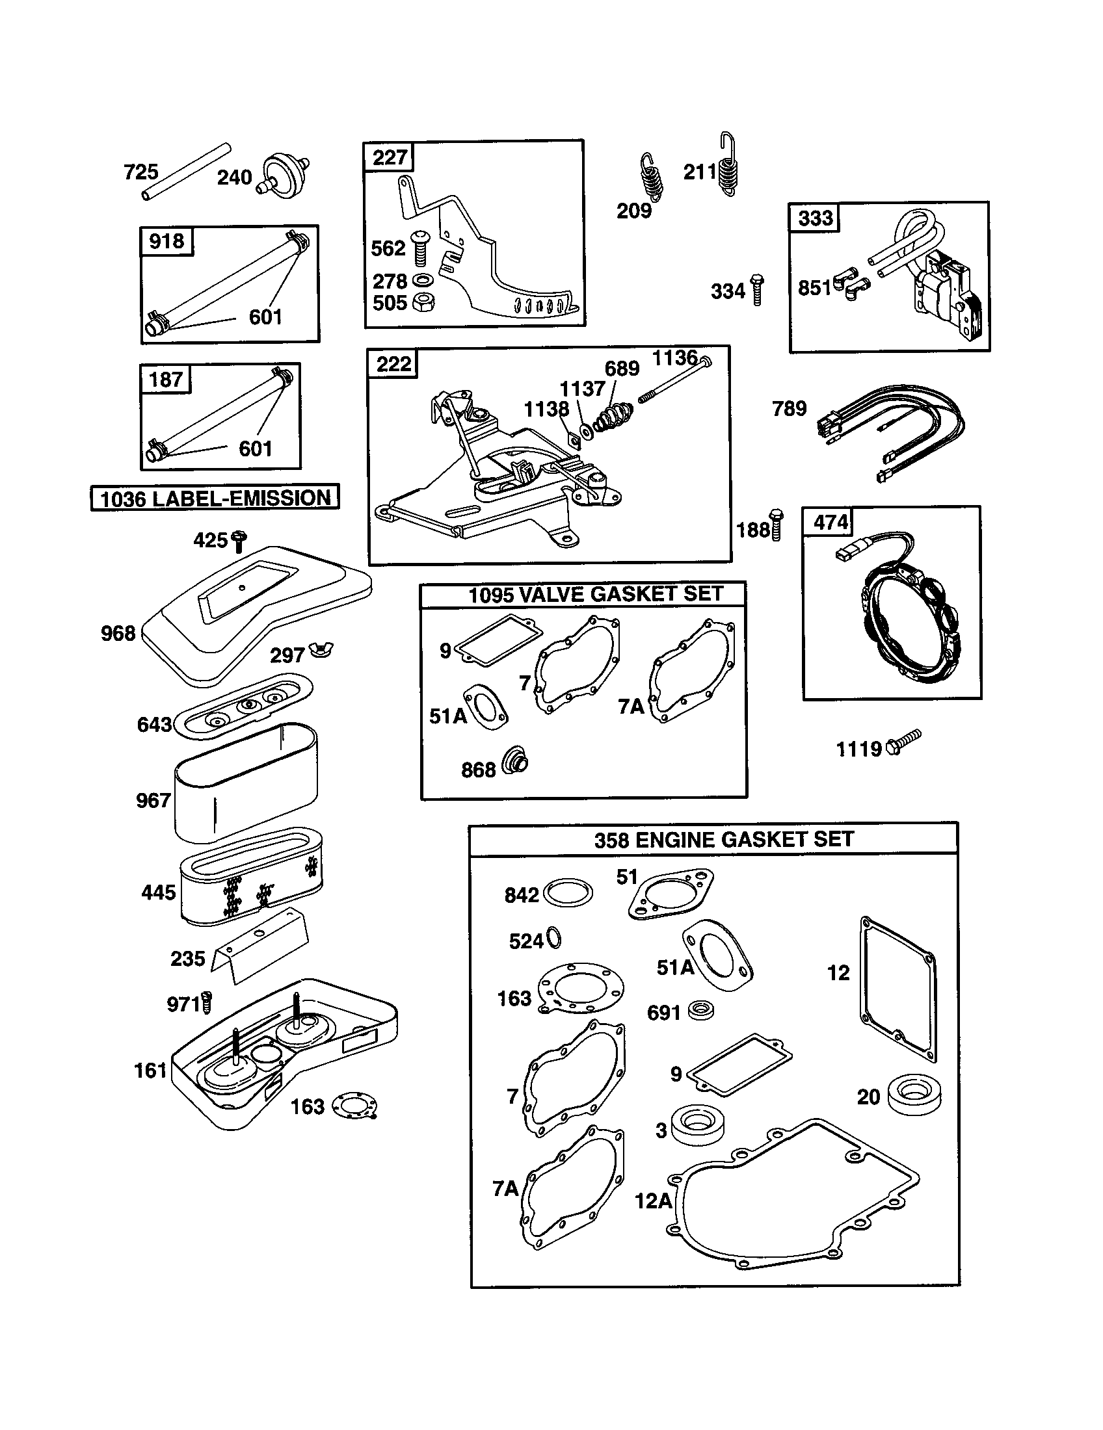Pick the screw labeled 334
(757, 289)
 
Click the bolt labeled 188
(776, 524)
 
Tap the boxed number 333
(815, 218)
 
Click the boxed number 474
(830, 522)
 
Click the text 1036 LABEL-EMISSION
(215, 499)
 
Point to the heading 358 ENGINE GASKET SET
(724, 839)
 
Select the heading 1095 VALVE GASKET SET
(594, 595)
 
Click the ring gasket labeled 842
(568, 893)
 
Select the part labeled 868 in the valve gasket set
(515, 762)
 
